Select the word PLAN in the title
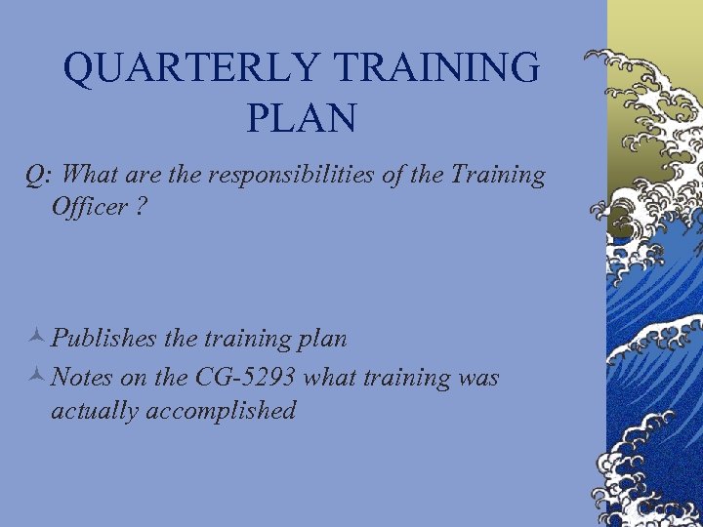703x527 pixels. coord(302,119)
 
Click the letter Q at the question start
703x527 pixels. coord(34,176)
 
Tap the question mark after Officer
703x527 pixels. coord(143,209)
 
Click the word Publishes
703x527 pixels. coord(105,340)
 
